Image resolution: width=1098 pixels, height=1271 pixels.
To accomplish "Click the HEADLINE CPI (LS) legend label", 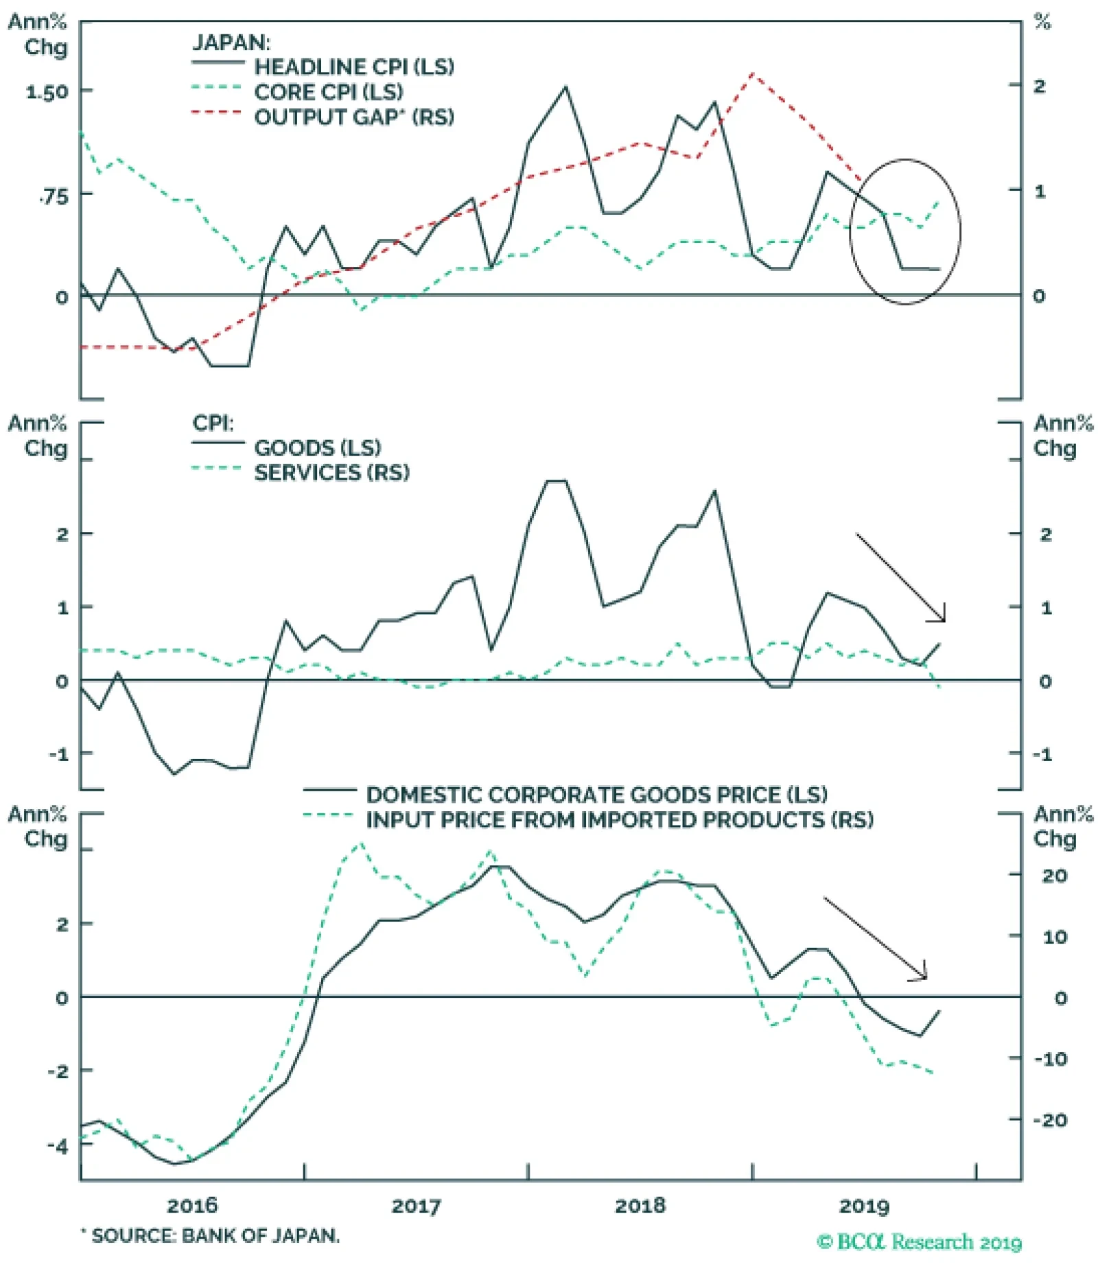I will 353,67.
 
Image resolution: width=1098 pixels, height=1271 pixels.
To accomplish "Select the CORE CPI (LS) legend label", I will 328,92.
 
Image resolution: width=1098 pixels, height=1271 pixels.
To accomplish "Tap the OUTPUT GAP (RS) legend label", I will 353,117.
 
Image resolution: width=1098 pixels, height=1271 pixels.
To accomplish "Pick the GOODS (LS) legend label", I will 317,448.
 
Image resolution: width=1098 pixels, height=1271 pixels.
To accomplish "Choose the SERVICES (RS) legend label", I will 331,473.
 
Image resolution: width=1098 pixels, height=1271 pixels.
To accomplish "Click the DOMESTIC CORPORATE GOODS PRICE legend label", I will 596,795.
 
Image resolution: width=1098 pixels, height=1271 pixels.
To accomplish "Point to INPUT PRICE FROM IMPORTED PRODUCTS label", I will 619,820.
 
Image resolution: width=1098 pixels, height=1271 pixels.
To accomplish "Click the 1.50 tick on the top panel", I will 47,92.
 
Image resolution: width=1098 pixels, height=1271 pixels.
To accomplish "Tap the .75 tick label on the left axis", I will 54,198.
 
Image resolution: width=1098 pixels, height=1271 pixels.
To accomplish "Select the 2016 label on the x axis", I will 192,1206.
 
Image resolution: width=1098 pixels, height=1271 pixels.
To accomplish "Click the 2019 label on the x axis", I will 864,1206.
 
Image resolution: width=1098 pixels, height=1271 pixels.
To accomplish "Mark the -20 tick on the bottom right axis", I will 1050,1120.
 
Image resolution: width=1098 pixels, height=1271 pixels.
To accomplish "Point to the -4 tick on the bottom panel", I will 58,1145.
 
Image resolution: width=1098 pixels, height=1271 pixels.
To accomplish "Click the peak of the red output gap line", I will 753,73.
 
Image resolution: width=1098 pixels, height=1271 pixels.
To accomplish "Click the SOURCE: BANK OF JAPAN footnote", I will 211,1236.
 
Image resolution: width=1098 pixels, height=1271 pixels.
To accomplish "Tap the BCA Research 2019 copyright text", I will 919,1242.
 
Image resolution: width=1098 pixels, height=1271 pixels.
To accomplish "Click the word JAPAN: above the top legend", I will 231,43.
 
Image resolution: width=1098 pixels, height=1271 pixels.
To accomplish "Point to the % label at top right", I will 1042,22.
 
